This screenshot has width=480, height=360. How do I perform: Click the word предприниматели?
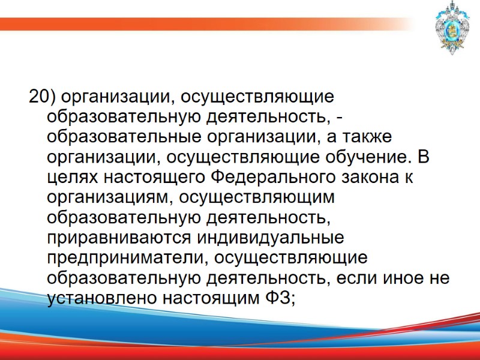tap(122, 259)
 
